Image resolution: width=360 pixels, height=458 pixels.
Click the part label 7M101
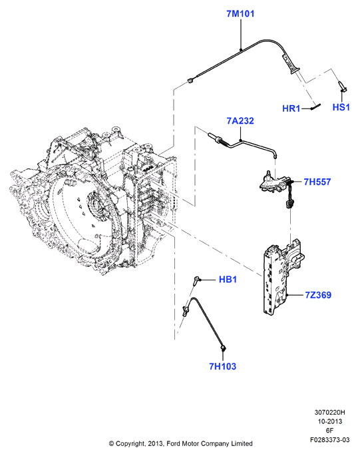(x=240, y=14)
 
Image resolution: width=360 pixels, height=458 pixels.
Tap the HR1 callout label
(x=291, y=109)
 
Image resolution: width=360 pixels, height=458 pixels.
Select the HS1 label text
(x=341, y=107)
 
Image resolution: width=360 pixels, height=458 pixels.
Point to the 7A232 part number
(x=240, y=120)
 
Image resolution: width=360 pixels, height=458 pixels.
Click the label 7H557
(x=317, y=182)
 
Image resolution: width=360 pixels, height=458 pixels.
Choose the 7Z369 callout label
(x=318, y=295)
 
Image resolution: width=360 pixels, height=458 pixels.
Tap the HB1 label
(x=228, y=280)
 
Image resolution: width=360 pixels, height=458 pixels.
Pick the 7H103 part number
(x=222, y=366)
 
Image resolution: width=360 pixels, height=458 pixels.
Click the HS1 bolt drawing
(x=341, y=87)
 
